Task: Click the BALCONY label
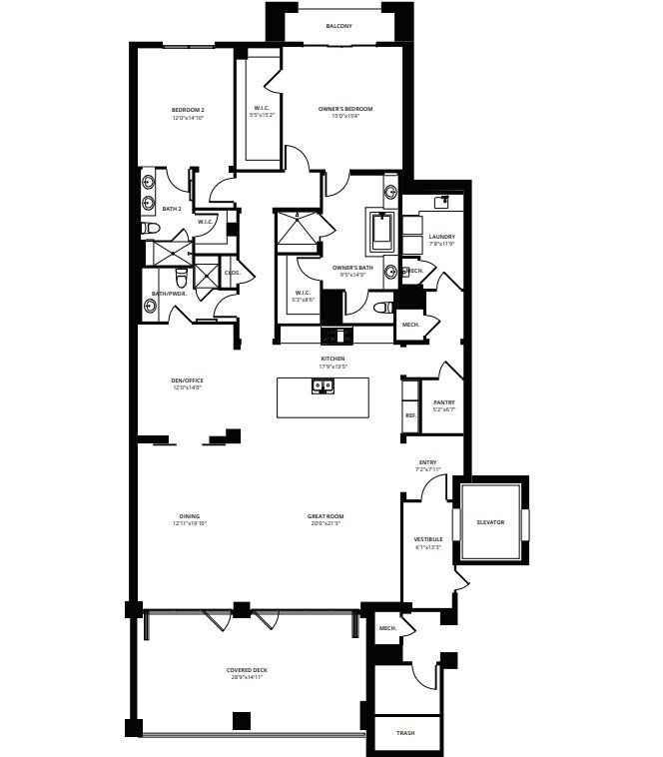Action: [338, 26]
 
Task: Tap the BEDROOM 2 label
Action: [188, 109]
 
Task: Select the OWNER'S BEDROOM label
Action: [345, 109]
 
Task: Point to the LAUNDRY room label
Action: [441, 237]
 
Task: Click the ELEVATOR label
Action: [490, 522]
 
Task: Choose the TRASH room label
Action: [404, 733]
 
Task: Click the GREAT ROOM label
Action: [327, 515]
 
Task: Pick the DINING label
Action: [190, 515]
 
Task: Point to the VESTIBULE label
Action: [428, 539]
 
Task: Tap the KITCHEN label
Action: [332, 358]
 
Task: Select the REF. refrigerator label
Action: [410, 415]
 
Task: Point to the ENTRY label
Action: [427, 461]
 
